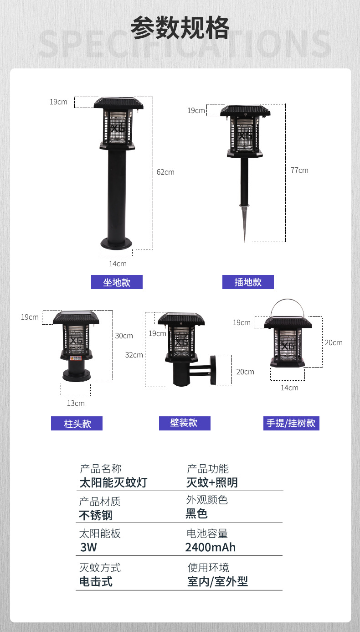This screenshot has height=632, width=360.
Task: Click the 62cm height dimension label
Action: pos(165,172)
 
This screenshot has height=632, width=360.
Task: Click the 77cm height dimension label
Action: pos(299,170)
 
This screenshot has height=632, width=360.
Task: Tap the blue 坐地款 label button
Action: pos(117,282)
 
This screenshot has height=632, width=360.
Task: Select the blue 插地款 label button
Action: pos(248,282)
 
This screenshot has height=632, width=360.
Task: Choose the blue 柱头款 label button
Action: pos(77,424)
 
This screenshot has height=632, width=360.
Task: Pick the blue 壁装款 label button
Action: pos(185,423)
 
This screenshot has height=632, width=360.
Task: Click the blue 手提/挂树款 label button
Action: pos(291,423)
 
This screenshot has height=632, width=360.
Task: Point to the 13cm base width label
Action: pos(76,403)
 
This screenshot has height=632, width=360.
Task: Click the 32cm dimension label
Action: pos(134,355)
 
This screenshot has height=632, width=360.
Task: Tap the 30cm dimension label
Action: pos(124,336)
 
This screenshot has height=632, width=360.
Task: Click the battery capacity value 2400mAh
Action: pos(211,548)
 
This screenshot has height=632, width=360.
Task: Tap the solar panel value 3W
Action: pos(88,548)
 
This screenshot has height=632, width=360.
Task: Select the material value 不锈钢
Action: pos(96,516)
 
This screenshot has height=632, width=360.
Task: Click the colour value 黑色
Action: pos(197,514)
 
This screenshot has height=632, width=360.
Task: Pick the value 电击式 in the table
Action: pos(96,582)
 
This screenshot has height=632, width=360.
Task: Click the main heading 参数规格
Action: pos(180,28)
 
